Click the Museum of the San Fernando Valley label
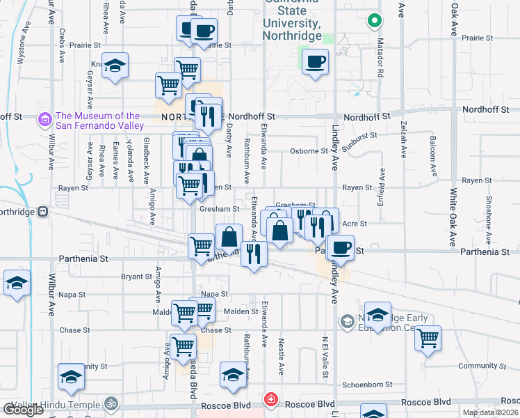(x=99, y=121)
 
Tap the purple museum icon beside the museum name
(x=45, y=120)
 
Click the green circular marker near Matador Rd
(x=375, y=21)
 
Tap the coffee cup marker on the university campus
(x=315, y=61)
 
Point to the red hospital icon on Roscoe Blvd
(x=270, y=401)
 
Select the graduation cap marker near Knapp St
(x=115, y=66)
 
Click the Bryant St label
(x=136, y=277)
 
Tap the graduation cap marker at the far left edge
(x=16, y=284)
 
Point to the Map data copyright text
(x=490, y=412)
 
